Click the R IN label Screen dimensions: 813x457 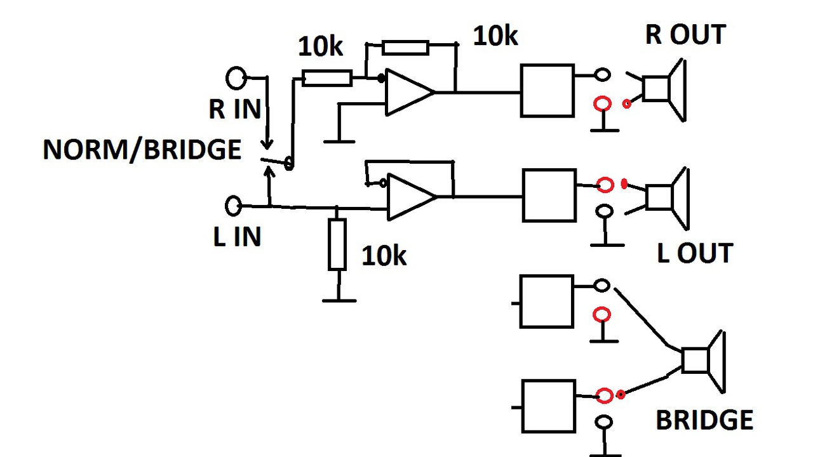pyautogui.click(x=235, y=109)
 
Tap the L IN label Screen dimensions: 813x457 pyautogui.click(x=237, y=237)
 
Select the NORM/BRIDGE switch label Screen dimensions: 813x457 pyautogui.click(x=142, y=149)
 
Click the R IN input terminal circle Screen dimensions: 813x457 pyautogui.click(x=236, y=78)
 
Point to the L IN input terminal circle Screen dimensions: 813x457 pyautogui.click(x=233, y=206)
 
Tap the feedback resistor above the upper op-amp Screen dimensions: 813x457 pyautogui.click(x=405, y=48)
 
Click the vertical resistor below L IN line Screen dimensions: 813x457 pyautogui.click(x=337, y=244)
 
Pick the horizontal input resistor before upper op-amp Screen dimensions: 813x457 pyautogui.click(x=327, y=78)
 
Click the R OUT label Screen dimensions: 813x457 pyautogui.click(x=685, y=35)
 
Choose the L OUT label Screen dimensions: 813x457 pyautogui.click(x=695, y=253)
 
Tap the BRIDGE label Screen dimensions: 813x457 pyautogui.click(x=704, y=420)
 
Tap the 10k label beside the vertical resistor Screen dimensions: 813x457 pyautogui.click(x=384, y=256)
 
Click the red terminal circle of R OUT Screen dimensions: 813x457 pyautogui.click(x=603, y=103)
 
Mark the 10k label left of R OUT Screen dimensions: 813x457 pyautogui.click(x=495, y=36)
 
